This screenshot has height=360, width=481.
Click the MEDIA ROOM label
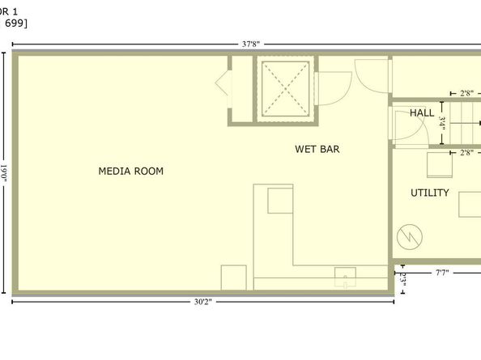tap(130, 171)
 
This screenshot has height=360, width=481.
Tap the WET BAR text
tap(317, 149)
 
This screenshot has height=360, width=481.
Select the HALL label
tap(421, 112)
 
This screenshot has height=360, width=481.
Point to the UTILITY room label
tap(429, 193)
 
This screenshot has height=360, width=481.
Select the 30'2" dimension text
tap(203, 303)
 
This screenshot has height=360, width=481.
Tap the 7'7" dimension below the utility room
tap(442, 273)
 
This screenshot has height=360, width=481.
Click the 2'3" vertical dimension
tap(402, 277)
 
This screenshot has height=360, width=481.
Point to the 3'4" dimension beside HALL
tap(442, 121)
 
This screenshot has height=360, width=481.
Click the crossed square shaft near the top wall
tap(283, 89)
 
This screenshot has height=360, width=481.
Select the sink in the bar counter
tap(345, 277)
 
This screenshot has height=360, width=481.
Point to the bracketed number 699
tap(16, 23)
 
